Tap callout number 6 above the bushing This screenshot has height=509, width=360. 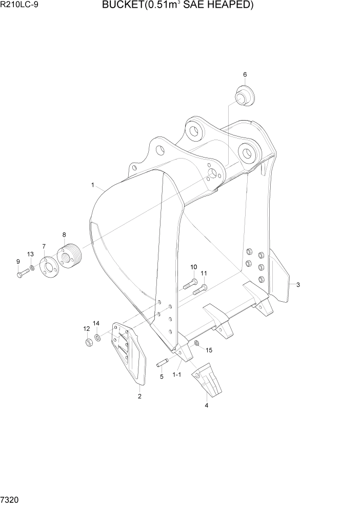[x=245, y=75]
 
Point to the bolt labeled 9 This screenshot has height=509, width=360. [x=21, y=274]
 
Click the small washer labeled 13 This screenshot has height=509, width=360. [x=32, y=268]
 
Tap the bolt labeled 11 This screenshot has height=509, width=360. [x=199, y=290]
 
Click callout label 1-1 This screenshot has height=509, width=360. [x=177, y=375]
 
